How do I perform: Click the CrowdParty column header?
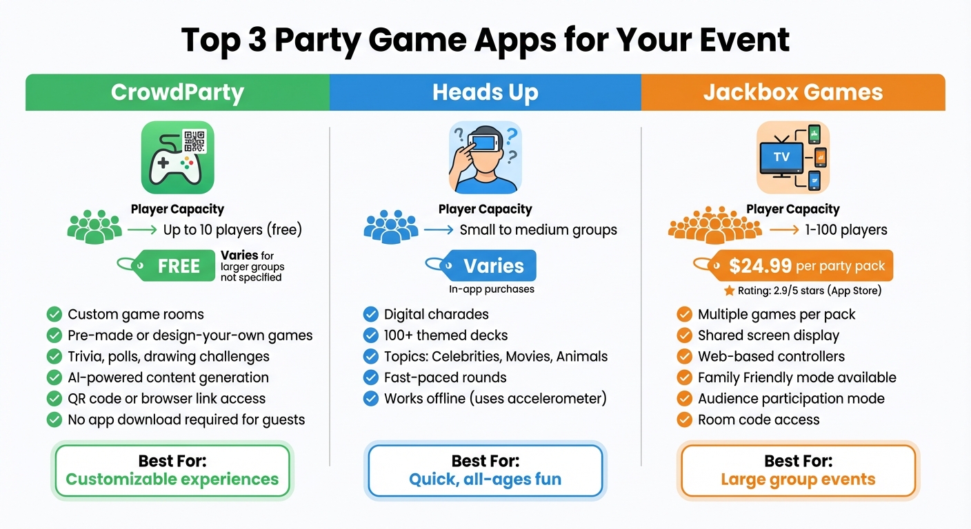tap(177, 92)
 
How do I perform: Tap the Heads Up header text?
tap(485, 92)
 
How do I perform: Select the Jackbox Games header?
tap(792, 92)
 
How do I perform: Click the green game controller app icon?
tap(177, 158)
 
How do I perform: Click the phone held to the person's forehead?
tap(485, 143)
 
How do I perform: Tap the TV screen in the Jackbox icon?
tap(781, 157)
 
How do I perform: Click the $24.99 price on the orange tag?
tap(760, 266)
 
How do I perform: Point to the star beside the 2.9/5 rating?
tap(729, 291)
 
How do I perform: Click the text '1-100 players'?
tap(846, 230)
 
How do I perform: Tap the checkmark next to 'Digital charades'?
tap(371, 315)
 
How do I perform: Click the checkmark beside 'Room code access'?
tap(684, 419)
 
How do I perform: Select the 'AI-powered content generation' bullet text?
tap(168, 377)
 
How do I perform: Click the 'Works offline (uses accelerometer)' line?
tap(494, 399)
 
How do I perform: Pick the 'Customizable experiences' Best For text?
tap(172, 479)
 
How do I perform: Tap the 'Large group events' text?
tap(798, 479)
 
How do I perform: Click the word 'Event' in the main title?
tap(749, 40)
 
